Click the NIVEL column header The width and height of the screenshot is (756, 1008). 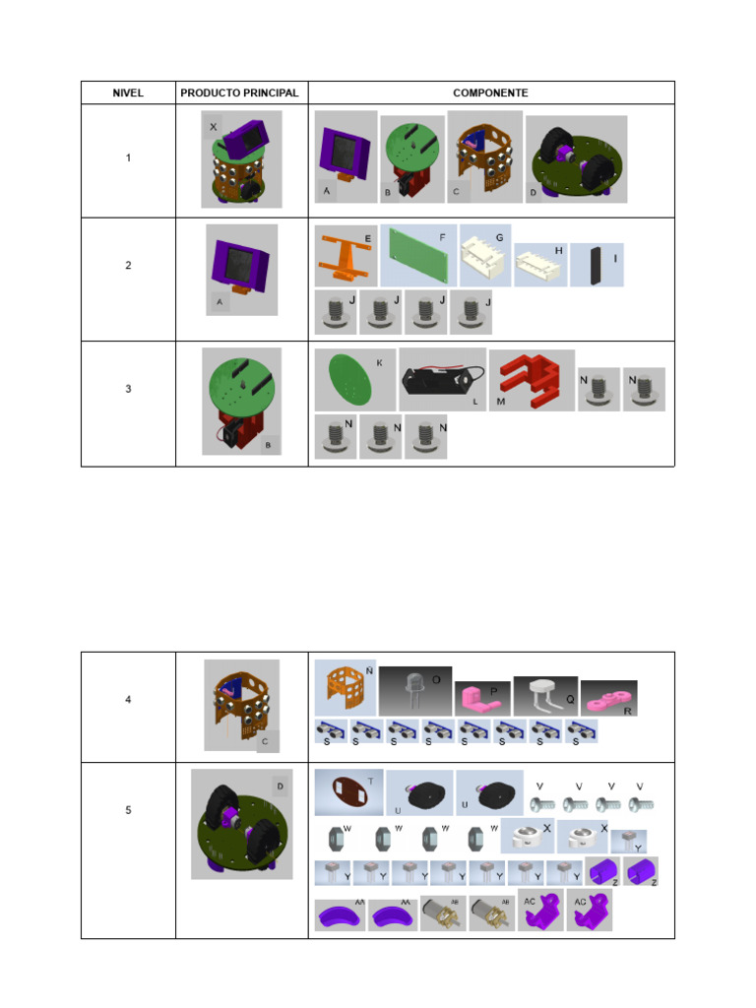pyautogui.click(x=128, y=94)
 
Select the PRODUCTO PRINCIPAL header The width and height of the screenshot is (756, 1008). pyautogui.click(x=239, y=94)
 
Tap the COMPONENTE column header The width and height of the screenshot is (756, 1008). pyautogui.click(x=490, y=94)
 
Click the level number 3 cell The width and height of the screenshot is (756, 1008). pyautogui.click(x=128, y=389)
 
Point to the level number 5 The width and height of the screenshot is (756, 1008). pyautogui.click(x=128, y=810)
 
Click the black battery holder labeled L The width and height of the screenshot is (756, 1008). pyautogui.click(x=442, y=379)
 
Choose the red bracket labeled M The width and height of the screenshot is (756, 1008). pyautogui.click(x=532, y=380)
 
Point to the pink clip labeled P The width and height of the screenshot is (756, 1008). pyautogui.click(x=482, y=698)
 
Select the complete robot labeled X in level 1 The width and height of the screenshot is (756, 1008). pyautogui.click(x=241, y=158)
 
